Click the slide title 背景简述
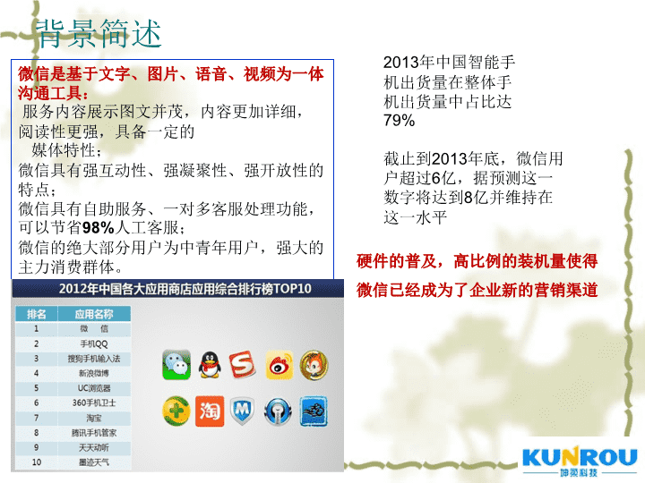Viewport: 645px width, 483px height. click(99, 34)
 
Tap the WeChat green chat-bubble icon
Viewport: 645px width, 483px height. click(176, 364)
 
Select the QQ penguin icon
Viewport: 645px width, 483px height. click(210, 364)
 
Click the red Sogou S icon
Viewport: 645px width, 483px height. click(242, 364)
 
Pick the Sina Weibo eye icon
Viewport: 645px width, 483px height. click(279, 365)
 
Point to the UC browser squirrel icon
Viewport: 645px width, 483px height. click(314, 365)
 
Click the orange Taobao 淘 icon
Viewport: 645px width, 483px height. click(210, 411)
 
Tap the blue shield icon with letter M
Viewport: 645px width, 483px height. click(242, 411)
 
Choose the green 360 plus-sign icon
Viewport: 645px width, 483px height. click(176, 411)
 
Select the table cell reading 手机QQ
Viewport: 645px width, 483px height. click(94, 343)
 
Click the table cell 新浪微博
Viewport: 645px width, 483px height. click(94, 373)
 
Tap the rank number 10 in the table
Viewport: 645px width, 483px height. click(37, 462)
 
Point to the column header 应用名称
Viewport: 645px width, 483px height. click(94, 314)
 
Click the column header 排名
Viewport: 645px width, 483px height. click(37, 314)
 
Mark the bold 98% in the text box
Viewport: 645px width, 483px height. click(98, 227)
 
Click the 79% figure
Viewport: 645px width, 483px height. click(399, 121)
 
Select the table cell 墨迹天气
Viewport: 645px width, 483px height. click(94, 462)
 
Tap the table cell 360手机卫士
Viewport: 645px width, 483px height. click(94, 402)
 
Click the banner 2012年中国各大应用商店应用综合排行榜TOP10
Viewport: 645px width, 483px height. click(185, 289)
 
